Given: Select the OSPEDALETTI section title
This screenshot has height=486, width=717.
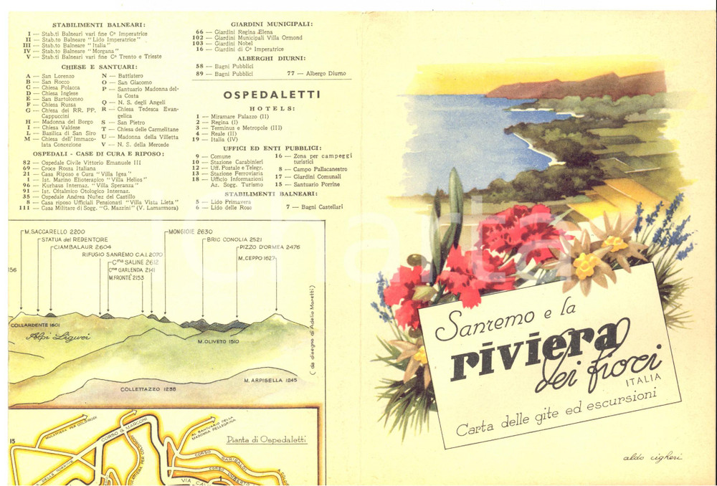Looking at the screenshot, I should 272,95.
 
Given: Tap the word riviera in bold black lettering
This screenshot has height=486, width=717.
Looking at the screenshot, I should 535,351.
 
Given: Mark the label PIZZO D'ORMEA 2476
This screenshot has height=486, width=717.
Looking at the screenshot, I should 269,248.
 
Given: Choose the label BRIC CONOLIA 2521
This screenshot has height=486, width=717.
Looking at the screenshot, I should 234,239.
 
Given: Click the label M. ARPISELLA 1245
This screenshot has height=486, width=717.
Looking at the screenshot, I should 270,380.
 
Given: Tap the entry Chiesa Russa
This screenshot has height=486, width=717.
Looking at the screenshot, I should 58,105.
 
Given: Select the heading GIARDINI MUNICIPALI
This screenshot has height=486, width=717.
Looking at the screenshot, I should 272,24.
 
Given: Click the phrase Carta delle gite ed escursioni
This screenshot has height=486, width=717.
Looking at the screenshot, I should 566,411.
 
